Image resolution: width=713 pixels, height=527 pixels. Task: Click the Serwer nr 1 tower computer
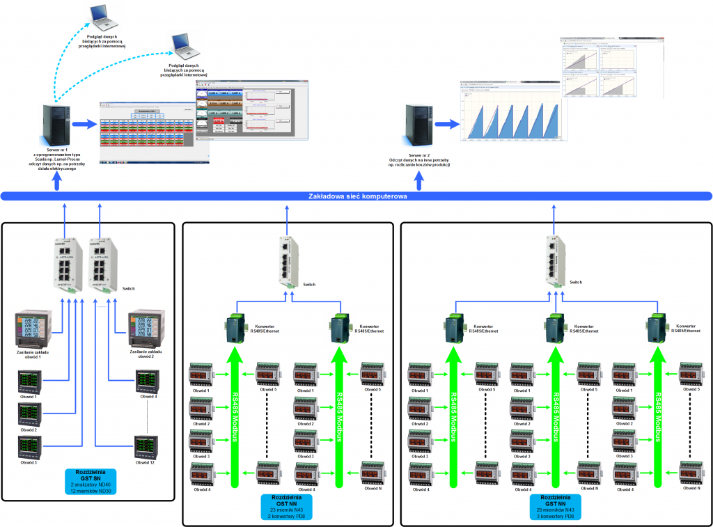tap(55, 123)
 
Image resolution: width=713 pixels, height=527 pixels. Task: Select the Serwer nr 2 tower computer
tap(420, 123)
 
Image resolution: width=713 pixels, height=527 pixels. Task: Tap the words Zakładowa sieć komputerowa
tap(357, 197)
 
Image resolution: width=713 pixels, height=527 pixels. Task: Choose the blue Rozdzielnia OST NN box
tap(286, 507)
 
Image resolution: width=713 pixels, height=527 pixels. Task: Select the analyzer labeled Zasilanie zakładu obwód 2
tap(146, 329)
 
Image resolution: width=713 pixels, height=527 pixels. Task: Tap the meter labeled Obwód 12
tap(146, 446)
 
